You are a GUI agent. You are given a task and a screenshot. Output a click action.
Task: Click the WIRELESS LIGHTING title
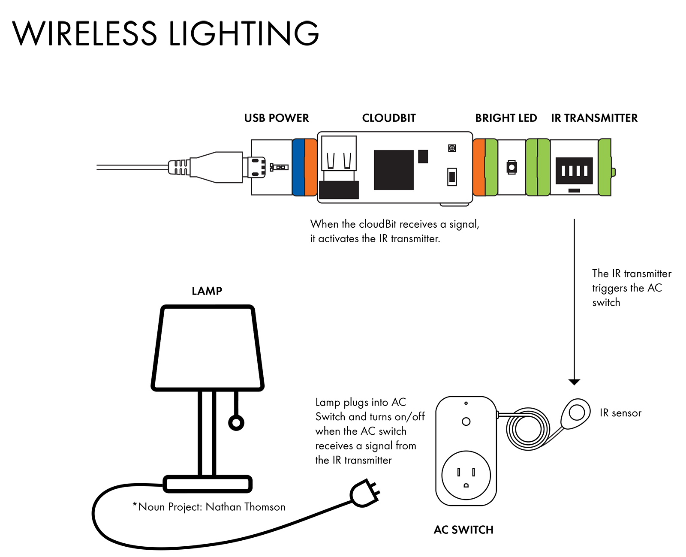tap(165, 33)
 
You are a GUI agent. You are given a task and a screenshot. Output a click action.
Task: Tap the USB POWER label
tap(277, 118)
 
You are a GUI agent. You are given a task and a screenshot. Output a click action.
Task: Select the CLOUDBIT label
tap(389, 118)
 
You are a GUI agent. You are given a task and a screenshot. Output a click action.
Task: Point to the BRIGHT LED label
tap(506, 118)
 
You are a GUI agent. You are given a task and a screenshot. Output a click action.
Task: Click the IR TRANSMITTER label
tap(594, 118)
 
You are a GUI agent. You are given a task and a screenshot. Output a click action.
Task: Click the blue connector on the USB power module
tap(298, 167)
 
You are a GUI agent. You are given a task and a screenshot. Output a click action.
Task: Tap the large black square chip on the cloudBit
tap(394, 170)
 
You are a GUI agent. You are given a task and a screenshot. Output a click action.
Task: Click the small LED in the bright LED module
tap(511, 167)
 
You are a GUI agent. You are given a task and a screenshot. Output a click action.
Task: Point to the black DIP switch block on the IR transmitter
tap(574, 171)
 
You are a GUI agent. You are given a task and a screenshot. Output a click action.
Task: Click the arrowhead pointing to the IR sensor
tap(574, 382)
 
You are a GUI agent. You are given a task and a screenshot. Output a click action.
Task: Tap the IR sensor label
tap(620, 413)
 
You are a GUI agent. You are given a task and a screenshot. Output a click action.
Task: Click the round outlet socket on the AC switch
tap(466, 475)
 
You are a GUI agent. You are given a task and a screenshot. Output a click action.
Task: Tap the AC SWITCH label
tap(463, 530)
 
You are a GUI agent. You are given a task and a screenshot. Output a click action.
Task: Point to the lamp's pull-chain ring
tap(236, 423)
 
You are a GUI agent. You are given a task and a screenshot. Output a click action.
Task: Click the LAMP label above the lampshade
tap(207, 291)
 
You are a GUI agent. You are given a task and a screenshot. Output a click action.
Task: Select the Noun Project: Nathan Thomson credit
tap(209, 507)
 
